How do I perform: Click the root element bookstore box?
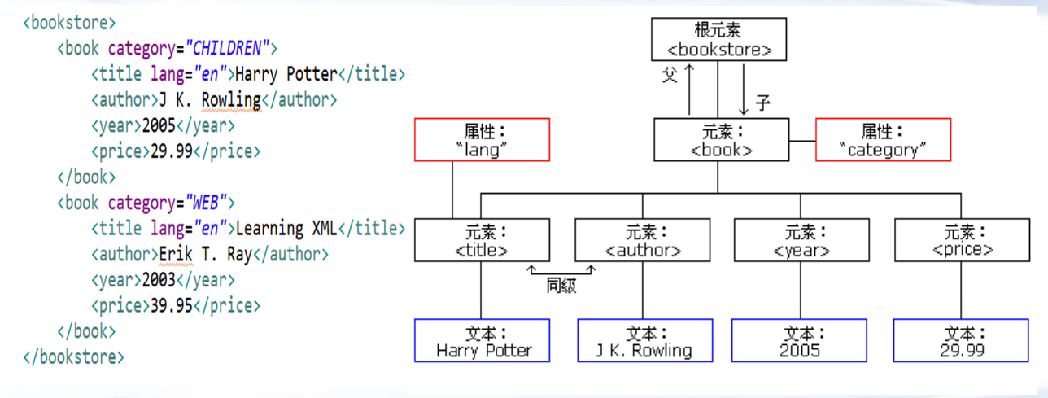(x=720, y=40)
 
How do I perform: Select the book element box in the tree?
(x=721, y=139)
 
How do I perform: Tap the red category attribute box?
(x=883, y=139)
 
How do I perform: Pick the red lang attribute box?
(x=482, y=139)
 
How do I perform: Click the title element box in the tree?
(x=482, y=240)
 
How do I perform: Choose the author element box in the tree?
(x=642, y=240)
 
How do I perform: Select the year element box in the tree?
(x=801, y=240)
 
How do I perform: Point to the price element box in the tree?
(x=962, y=240)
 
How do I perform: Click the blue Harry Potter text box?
(x=482, y=341)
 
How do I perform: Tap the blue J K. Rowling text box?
(x=644, y=341)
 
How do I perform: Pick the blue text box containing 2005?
(x=800, y=341)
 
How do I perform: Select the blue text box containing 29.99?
(x=962, y=341)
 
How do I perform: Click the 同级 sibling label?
(x=561, y=286)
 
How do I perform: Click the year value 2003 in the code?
(x=159, y=280)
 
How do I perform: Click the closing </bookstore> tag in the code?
(x=74, y=356)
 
